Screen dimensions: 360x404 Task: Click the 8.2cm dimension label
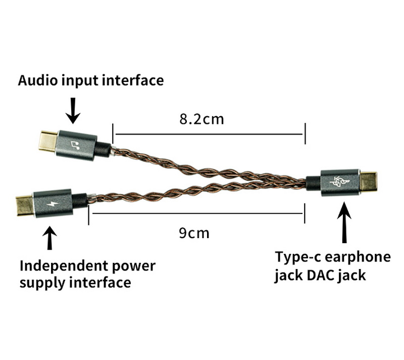tap(201, 120)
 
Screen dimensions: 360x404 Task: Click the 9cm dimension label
tap(194, 233)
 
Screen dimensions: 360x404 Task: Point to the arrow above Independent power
tap(49, 238)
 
